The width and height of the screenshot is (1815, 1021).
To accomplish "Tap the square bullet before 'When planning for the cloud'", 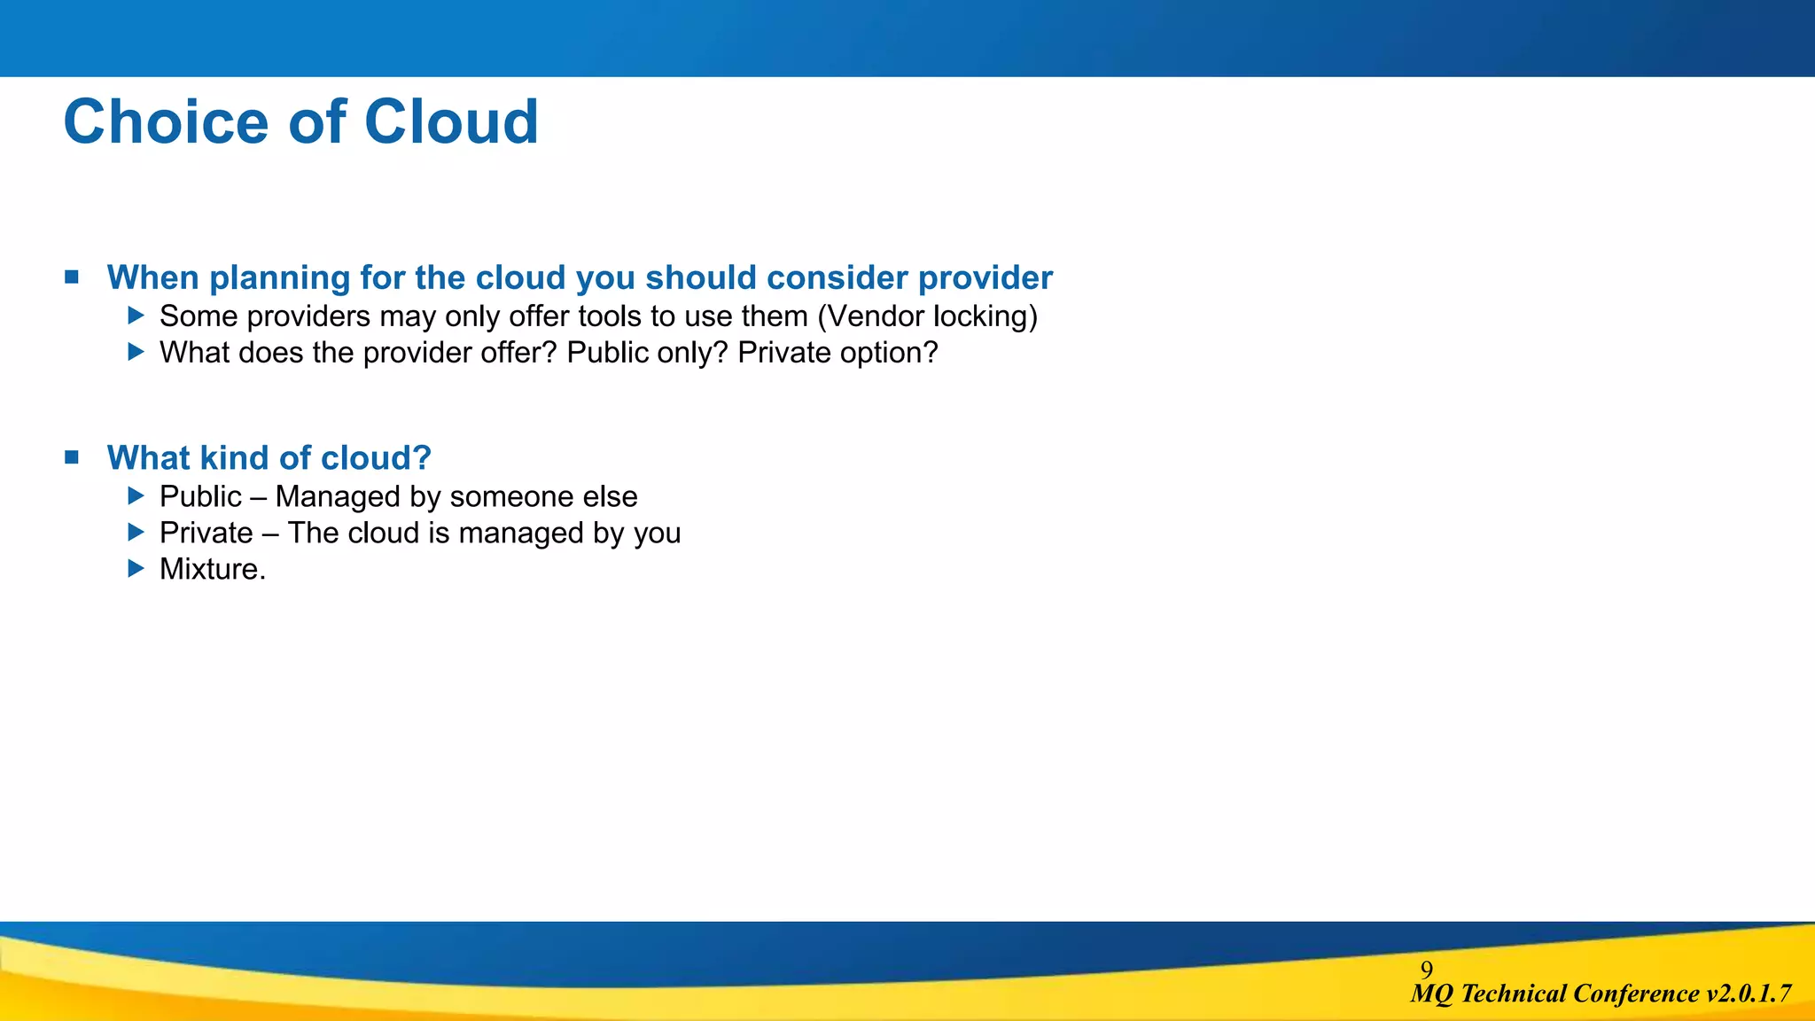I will pos(72,277).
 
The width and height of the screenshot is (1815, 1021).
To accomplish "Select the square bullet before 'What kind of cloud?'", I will pos(72,457).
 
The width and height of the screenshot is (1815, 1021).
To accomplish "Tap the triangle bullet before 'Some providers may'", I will pos(136,315).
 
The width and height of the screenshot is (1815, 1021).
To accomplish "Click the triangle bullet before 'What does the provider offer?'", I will pos(136,352).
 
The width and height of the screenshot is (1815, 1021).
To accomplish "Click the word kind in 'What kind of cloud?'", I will pos(234,458).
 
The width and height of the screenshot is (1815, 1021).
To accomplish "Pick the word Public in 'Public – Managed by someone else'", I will pos(200,496).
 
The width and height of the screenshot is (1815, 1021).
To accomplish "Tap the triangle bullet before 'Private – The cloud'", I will pos(136,532).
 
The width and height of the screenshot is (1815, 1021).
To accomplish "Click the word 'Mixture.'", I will pos(213,569).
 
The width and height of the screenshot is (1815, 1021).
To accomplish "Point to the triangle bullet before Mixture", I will pos(136,568).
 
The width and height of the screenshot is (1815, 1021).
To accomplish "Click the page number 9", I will pos(1427,969).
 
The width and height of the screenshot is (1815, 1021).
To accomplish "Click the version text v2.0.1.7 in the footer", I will pos(1748,994).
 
